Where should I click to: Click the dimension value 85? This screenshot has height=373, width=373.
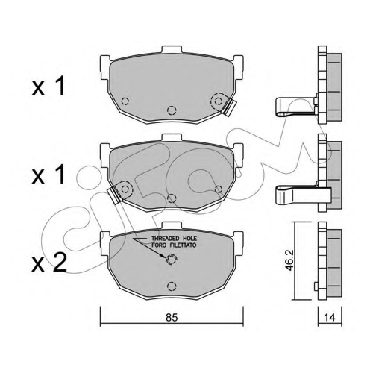click(172, 318)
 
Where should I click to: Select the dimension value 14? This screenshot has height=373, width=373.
click(330, 318)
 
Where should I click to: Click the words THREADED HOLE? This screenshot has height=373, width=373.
click(174, 239)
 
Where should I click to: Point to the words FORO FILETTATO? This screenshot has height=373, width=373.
click(174, 245)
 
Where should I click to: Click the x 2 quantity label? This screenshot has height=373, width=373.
click(49, 263)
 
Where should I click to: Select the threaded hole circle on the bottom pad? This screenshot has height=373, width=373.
click(171, 260)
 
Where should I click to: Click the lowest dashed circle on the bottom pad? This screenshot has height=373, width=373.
click(172, 286)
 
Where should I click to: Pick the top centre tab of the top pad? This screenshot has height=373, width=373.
click(172, 49)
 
